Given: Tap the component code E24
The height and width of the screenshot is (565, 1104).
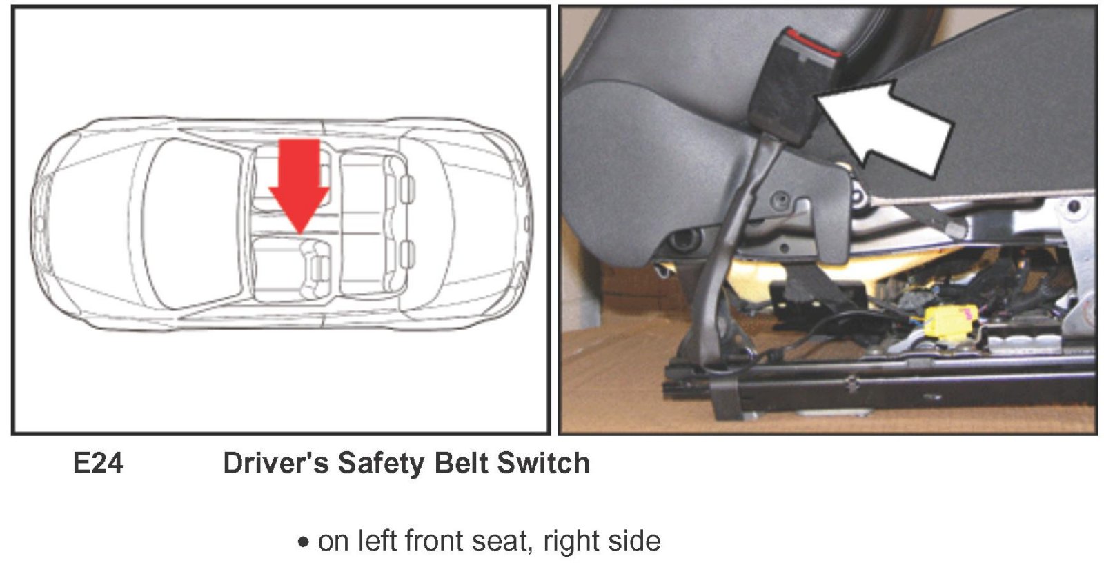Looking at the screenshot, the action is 97,463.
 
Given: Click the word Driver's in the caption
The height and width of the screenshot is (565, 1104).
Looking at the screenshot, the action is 276,463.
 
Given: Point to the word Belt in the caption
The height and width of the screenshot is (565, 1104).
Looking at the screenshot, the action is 461,463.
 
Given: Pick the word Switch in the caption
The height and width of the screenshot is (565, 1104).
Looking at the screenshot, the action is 543,463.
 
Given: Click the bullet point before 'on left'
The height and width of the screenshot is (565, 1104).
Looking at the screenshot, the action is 304,542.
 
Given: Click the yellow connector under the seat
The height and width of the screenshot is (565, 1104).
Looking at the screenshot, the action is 949,322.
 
